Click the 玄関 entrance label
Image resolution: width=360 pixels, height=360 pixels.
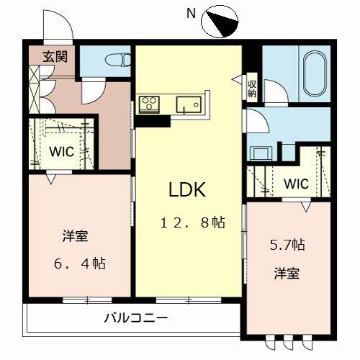coord(52,55)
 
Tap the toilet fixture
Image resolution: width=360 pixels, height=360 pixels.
coord(114,58)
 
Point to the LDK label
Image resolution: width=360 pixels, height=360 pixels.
coord(187,190)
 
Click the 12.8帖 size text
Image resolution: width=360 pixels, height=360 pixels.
coord(192,223)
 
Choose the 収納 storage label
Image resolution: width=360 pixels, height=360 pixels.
coord(252,89)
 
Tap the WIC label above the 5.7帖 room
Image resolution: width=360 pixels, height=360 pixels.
coord(295,184)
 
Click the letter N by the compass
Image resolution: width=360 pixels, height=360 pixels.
coord(191,12)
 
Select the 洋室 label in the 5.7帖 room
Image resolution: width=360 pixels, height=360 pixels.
coord(286,274)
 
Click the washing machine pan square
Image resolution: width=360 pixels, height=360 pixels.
coord(260,152)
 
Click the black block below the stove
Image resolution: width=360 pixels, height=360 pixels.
coord(149,120)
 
